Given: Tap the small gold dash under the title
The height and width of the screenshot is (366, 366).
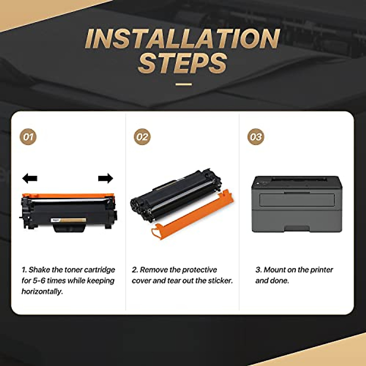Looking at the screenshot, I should [184, 84].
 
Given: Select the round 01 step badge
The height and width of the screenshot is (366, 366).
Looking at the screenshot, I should [28, 137].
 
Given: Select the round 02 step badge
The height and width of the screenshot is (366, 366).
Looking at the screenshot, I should [142, 137].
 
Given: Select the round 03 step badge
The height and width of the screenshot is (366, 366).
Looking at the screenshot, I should [256, 137].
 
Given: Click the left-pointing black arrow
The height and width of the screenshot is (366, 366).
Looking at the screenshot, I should [30, 178].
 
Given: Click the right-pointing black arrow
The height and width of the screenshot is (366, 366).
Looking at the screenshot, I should [106, 178].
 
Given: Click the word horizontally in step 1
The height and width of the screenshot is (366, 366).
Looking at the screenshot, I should [42, 292].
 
